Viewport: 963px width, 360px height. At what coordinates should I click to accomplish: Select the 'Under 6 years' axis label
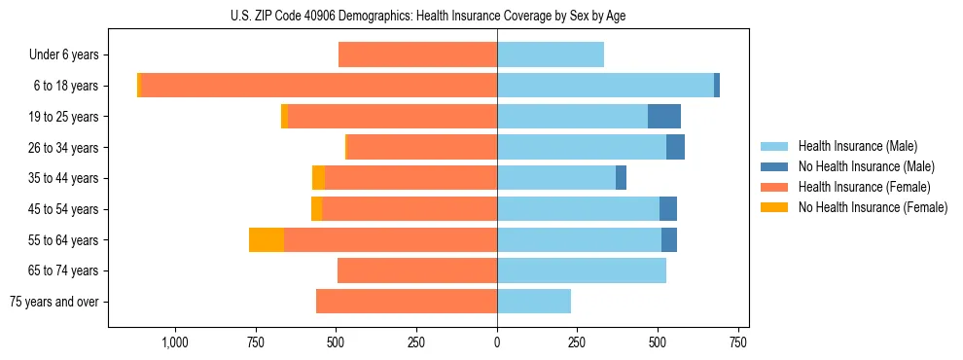click(x=64, y=55)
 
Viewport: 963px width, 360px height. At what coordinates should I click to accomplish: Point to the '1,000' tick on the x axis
click(x=175, y=342)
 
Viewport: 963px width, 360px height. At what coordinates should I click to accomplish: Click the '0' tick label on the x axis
click(x=497, y=342)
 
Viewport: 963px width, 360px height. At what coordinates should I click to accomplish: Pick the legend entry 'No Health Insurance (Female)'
click(x=872, y=207)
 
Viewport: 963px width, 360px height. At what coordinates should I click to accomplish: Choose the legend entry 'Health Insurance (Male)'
click(x=857, y=146)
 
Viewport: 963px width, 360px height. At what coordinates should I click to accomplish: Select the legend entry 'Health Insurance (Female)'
click(x=864, y=187)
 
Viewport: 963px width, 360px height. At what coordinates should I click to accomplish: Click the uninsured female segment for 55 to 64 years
click(x=267, y=240)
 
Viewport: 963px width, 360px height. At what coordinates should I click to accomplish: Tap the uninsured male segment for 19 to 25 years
click(x=664, y=117)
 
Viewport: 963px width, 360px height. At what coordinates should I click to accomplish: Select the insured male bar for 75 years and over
click(x=534, y=302)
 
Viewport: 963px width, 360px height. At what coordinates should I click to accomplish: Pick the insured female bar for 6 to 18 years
click(x=319, y=86)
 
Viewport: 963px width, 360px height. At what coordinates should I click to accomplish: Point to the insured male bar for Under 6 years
click(x=551, y=55)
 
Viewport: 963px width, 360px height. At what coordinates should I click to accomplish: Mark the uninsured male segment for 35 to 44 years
click(x=621, y=178)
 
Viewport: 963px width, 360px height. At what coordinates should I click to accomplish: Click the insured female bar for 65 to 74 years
click(x=417, y=270)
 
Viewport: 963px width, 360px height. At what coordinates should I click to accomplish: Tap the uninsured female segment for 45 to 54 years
click(x=316, y=209)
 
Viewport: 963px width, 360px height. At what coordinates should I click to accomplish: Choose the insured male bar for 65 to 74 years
click(x=582, y=270)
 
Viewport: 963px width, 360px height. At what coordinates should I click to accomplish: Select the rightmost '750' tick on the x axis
click(x=737, y=342)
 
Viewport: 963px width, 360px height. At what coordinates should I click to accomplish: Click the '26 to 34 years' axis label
click(x=64, y=148)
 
